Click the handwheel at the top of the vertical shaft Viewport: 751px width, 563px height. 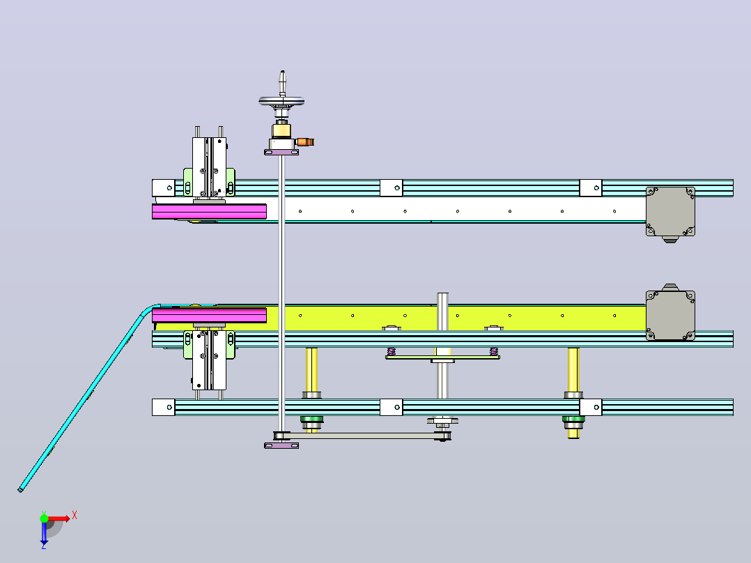(x=281, y=101)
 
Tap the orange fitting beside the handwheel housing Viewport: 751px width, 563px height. (x=305, y=142)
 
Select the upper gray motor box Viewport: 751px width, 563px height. (x=670, y=212)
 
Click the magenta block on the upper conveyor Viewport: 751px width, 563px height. (x=209, y=211)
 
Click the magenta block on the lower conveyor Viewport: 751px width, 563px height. (x=209, y=315)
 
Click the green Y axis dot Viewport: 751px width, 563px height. (x=44, y=518)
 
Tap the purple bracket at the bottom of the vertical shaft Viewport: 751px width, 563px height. (x=281, y=446)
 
